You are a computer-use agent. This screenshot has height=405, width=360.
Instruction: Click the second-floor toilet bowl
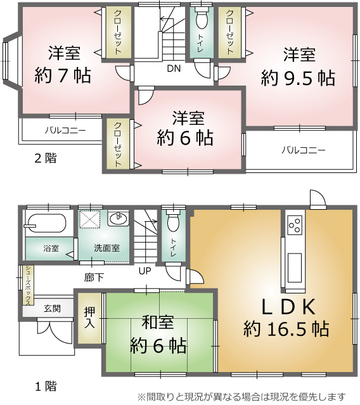[202, 18]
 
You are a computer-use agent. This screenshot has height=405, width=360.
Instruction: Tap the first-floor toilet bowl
[173, 221]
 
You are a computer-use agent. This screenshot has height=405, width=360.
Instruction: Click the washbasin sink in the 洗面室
[118, 219]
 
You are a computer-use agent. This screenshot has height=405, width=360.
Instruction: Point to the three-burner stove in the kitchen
[295, 224]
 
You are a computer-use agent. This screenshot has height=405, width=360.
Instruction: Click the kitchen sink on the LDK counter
[295, 268]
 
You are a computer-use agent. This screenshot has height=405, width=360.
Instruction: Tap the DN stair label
[174, 68]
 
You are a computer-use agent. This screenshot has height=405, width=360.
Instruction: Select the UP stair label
[145, 271]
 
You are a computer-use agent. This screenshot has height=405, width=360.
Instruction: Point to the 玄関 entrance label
[53, 309]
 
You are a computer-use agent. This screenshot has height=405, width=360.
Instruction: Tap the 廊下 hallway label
[94, 278]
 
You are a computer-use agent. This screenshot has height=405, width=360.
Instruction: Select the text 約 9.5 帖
[298, 78]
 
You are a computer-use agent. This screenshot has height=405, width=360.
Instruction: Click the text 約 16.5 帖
[286, 328]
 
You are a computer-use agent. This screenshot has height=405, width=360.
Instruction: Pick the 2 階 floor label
[46, 158]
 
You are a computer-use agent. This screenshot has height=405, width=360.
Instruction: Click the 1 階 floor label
[46, 387]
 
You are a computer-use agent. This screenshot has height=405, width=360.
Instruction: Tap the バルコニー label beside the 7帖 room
[65, 131]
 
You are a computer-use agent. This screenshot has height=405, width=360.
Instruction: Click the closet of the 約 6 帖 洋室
[118, 144]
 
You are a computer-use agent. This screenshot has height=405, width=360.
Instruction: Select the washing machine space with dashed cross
[89, 219]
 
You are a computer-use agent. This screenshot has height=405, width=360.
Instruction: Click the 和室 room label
[158, 323]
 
